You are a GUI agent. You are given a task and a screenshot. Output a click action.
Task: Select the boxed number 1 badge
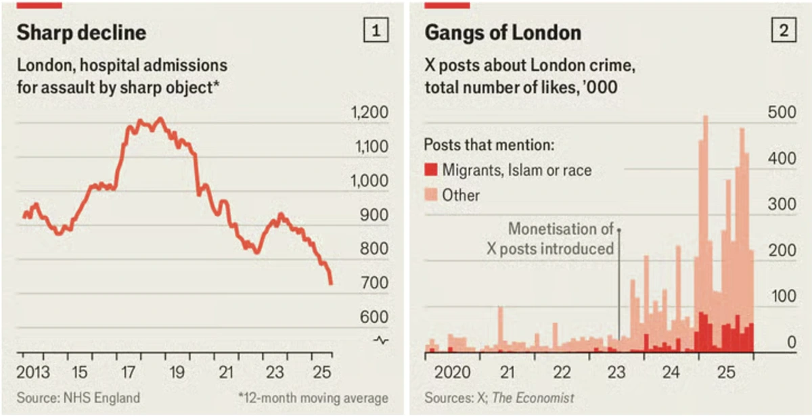point(376,30)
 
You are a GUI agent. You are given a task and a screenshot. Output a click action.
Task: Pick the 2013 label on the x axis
point(33,372)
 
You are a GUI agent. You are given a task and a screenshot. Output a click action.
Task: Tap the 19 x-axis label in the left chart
point(177,372)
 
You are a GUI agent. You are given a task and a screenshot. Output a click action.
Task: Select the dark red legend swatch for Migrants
point(430,170)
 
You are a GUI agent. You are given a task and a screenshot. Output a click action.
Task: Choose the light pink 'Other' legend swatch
point(430,195)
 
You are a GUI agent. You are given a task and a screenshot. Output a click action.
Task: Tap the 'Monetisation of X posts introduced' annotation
point(550,238)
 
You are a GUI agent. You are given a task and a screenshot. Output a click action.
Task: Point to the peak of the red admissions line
point(160,119)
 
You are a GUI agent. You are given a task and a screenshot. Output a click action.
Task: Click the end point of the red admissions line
point(331,283)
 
